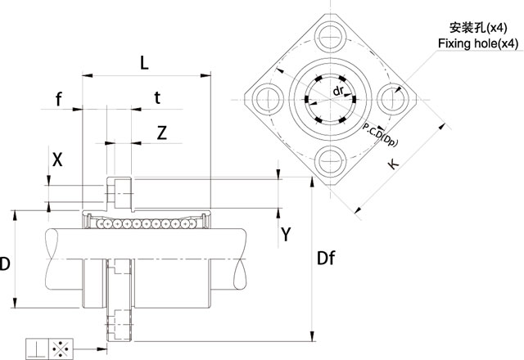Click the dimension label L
click(144, 61)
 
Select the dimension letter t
click(157, 98)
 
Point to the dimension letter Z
click(162, 133)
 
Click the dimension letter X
click(56, 160)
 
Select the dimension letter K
click(394, 164)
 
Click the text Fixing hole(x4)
click(477, 43)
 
